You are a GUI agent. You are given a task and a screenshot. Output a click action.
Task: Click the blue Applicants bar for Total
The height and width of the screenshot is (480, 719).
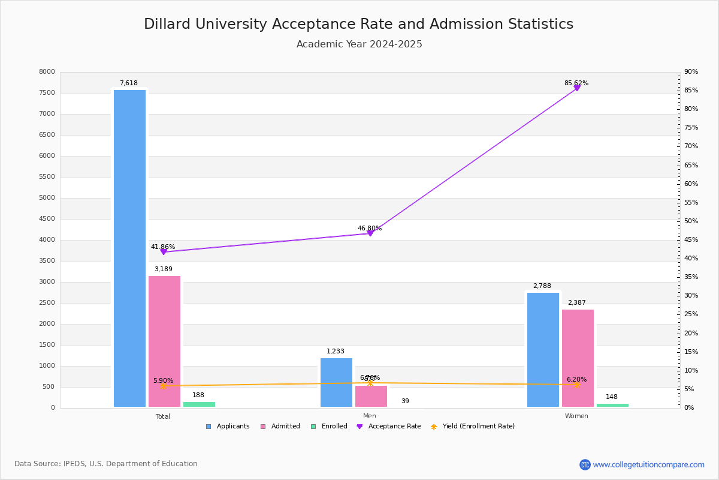pyautogui.click(x=129, y=248)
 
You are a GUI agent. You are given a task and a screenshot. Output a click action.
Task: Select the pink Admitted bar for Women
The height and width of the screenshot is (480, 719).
pyautogui.click(x=578, y=358)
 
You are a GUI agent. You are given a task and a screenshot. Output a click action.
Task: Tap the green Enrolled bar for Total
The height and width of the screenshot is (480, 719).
pyautogui.click(x=199, y=404)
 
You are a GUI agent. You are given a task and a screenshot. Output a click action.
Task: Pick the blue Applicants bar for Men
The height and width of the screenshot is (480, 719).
pyautogui.click(x=336, y=383)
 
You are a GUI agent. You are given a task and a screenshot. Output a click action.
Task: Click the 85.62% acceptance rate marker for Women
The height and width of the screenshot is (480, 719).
pyautogui.click(x=577, y=88)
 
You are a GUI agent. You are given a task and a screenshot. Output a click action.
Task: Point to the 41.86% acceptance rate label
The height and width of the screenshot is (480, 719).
pyautogui.click(x=163, y=247)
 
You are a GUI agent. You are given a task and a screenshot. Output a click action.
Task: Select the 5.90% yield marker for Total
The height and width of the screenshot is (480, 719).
pyautogui.click(x=164, y=386)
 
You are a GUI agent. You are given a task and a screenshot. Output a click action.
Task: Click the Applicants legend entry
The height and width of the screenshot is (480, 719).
pyautogui.click(x=228, y=427)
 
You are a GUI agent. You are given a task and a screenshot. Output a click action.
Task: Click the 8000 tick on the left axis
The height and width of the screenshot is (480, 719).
pyautogui.click(x=47, y=72)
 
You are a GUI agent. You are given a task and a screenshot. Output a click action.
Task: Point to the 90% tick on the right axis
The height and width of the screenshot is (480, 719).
pyautogui.click(x=691, y=72)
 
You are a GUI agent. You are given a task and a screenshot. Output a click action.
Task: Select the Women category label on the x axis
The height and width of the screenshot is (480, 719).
pyautogui.click(x=576, y=416)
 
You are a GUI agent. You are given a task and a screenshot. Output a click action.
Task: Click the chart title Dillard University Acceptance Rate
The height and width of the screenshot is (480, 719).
pyautogui.click(x=358, y=24)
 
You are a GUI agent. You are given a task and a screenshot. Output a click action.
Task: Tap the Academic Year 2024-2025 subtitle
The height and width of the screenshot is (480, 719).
pyautogui.click(x=359, y=44)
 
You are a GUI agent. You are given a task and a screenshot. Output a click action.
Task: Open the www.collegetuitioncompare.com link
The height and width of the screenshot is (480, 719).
pyautogui.click(x=648, y=464)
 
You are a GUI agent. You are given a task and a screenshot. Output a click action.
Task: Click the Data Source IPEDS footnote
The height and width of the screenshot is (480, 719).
pyautogui.click(x=106, y=464)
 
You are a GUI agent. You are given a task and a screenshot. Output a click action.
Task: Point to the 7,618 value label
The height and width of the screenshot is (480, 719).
pyautogui.click(x=129, y=83)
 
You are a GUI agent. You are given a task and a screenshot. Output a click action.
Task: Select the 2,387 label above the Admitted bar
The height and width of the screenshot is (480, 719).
pyautogui.click(x=577, y=303)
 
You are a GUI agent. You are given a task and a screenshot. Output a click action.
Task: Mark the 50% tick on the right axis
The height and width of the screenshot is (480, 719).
pyautogui.click(x=691, y=221)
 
